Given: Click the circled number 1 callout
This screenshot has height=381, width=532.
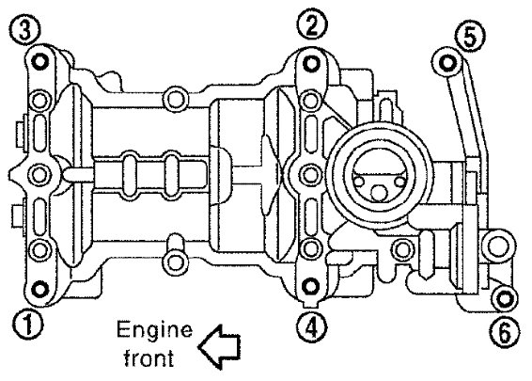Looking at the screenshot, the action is click(28, 325).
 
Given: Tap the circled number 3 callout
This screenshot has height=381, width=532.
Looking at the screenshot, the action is click(25, 30).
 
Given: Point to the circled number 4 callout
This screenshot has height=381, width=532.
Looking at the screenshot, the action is click(312, 327).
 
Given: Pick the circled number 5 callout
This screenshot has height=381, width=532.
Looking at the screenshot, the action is click(471, 37).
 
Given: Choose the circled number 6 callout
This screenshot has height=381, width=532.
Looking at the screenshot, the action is click(505, 332).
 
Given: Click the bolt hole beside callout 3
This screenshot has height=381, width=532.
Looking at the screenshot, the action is click(40, 62).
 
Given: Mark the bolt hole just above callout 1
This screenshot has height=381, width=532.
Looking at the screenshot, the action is click(40, 290).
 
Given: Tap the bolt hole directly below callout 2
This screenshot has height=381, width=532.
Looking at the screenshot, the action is click(310, 64).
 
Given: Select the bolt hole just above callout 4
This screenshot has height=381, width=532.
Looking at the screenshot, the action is click(310, 286).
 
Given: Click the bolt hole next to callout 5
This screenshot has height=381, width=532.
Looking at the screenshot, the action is click(446, 63).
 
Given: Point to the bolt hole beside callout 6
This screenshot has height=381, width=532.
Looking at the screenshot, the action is click(504, 298).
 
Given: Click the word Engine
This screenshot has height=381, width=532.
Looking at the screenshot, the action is click(154, 330).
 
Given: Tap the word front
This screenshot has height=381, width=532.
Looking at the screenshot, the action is click(149, 357).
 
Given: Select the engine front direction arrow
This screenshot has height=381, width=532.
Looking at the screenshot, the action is click(220, 346).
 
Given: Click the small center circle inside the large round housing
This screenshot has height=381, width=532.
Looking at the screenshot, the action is click(380, 193).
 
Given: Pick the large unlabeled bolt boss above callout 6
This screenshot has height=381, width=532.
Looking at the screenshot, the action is click(498, 246).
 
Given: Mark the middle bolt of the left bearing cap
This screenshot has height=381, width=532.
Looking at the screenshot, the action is click(39, 174).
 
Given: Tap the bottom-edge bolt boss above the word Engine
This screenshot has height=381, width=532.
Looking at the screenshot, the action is click(175, 262).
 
